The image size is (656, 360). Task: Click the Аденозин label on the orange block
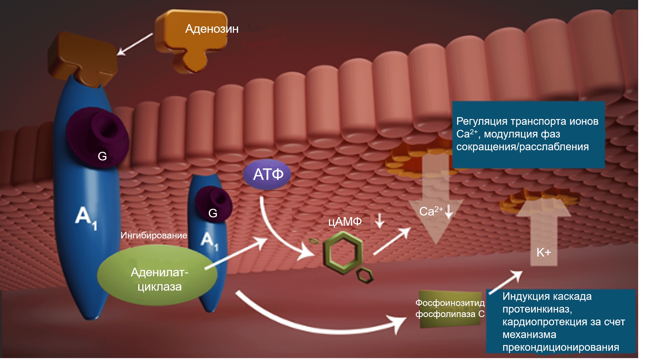212,29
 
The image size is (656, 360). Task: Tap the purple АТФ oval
267,174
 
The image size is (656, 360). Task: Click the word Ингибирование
154,236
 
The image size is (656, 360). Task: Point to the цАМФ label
345,222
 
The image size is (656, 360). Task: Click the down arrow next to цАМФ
379,221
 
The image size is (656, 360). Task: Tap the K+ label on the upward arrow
543,252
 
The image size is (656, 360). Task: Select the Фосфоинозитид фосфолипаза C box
450,308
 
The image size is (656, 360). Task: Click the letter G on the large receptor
102,156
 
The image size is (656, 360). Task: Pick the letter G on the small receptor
213,213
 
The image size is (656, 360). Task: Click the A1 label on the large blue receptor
86,217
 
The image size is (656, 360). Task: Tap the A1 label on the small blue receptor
209,241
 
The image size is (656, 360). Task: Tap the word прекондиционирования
561,347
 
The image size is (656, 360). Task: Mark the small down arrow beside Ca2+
449,211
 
